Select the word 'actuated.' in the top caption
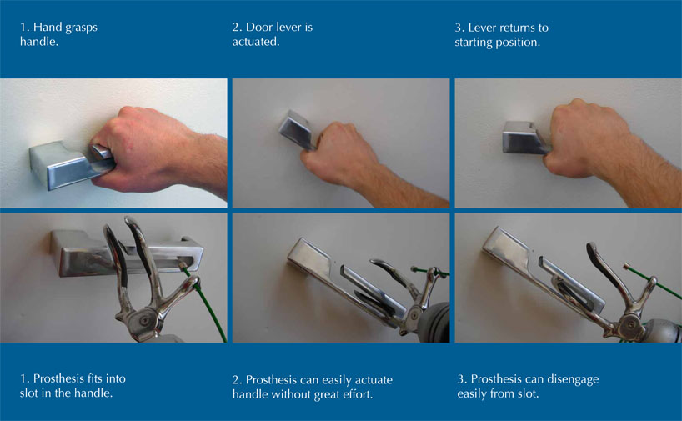pyautogui.click(x=256, y=42)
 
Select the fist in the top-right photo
pyautogui.click(x=583, y=137)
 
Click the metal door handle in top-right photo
pyautogui.click(x=524, y=138)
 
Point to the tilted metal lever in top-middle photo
pyautogui.click(x=297, y=131)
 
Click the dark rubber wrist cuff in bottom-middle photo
pyautogui.click(x=434, y=323)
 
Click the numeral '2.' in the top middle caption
pyautogui.click(x=237, y=28)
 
